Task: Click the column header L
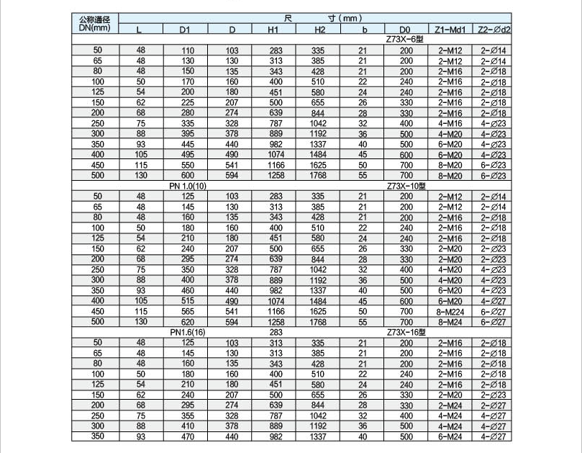(140, 30)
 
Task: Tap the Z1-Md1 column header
(450, 30)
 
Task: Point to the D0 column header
(406, 30)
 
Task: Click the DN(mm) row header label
(94, 28)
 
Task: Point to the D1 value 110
(187, 50)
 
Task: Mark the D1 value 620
(187, 322)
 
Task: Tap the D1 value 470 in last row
(187, 436)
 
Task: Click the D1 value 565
(187, 312)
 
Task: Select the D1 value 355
(187, 416)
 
